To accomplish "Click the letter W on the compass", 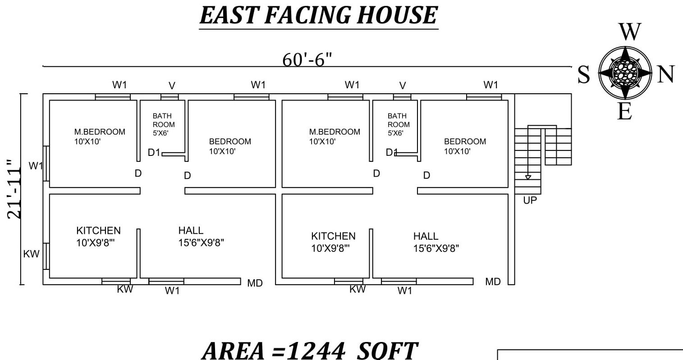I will (629, 32).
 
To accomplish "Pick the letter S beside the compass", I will (584, 74).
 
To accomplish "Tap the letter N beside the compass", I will (665, 74).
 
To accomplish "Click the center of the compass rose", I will (625, 72).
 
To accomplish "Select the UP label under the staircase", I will (530, 200).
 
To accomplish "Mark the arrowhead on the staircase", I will (528, 178).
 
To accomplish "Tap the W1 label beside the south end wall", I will (36, 166).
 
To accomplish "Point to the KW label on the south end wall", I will (31, 254).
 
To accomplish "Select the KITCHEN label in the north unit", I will (333, 236).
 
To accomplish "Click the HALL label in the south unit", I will (191, 231).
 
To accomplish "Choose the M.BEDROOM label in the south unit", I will (100, 132).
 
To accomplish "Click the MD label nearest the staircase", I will (493, 282).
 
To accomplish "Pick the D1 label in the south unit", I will (154, 153).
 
